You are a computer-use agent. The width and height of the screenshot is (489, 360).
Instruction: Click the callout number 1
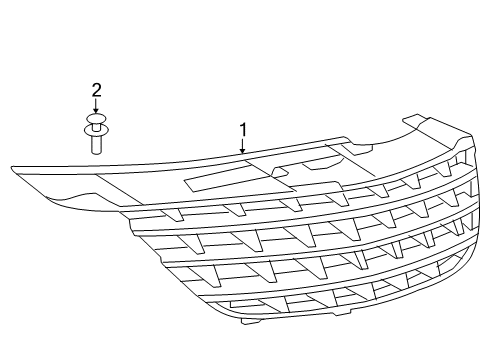(x=241, y=130)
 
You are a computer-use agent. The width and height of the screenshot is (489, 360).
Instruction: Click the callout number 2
(x=96, y=91)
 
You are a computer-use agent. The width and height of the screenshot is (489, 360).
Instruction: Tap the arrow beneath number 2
(x=96, y=106)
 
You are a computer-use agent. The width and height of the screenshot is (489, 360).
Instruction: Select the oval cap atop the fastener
(x=96, y=120)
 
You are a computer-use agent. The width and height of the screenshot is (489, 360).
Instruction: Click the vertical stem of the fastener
(x=96, y=143)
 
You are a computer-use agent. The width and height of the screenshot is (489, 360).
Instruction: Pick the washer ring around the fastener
(x=96, y=130)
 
